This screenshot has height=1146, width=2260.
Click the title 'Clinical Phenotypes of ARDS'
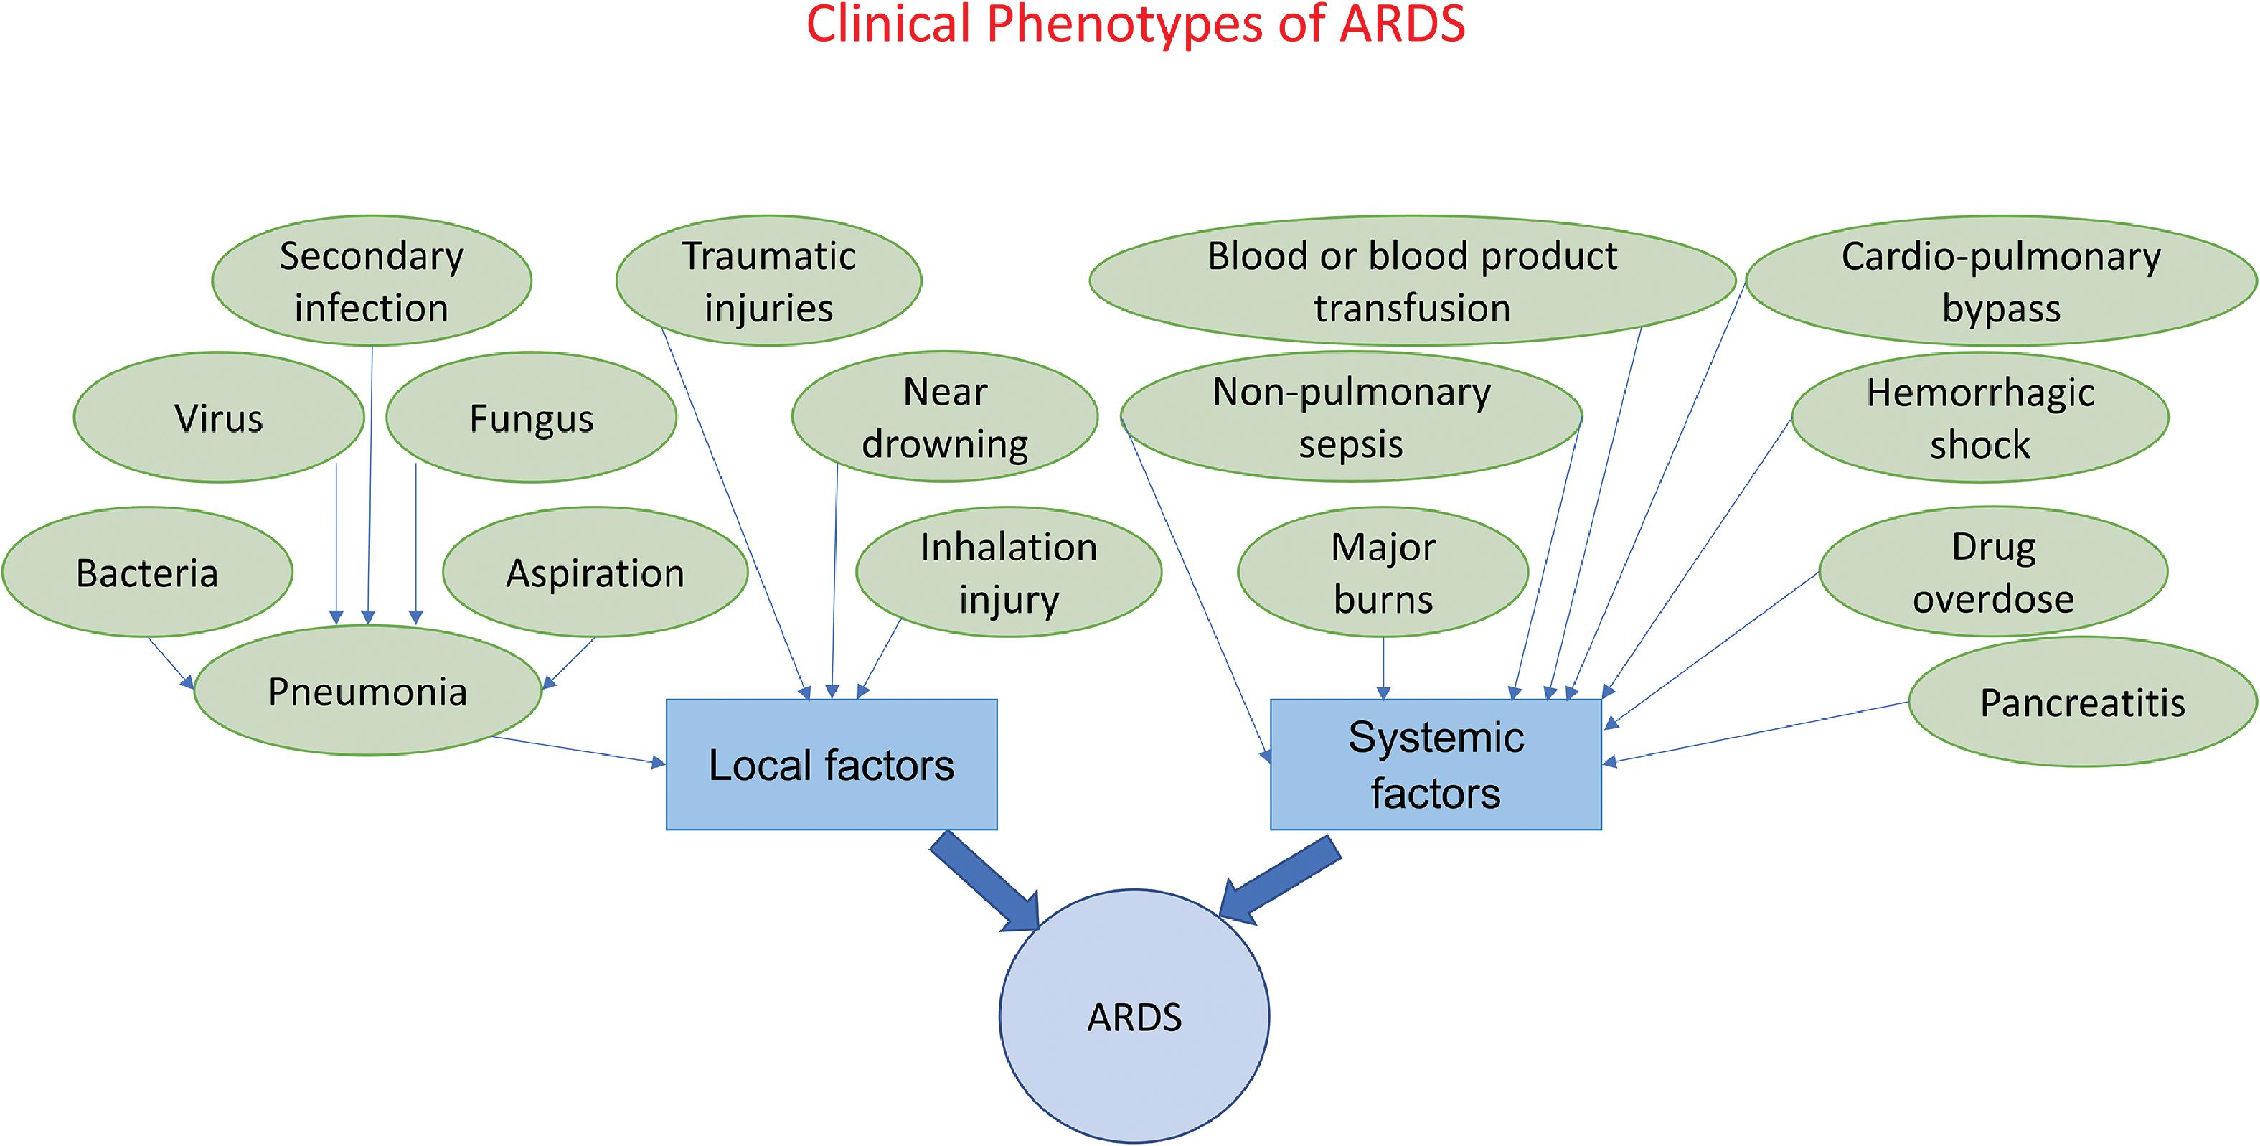[x=1135, y=24]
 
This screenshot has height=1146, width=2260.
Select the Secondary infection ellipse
[x=371, y=281]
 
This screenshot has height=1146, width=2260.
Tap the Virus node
[x=218, y=418]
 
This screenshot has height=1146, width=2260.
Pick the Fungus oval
[x=531, y=418]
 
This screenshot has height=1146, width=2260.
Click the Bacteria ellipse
[x=147, y=572]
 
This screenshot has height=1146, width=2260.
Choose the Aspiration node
[x=595, y=572]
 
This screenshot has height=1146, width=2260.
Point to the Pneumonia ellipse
[x=367, y=692]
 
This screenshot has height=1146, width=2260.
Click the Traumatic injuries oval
[x=768, y=281]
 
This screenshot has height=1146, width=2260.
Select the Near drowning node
[x=944, y=418]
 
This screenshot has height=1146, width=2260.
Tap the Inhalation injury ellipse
[x=1008, y=572]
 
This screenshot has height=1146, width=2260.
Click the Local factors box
[x=831, y=764]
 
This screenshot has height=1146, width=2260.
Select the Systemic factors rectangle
[x=1436, y=764]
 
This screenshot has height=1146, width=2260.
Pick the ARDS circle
[x=1134, y=1016]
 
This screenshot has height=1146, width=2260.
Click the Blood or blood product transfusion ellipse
[x=1412, y=281]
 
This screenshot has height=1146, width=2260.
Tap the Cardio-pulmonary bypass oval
[x=2000, y=281]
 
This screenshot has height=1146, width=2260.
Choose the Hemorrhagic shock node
[x=1980, y=418]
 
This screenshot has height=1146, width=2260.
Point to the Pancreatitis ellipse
[x=2082, y=702]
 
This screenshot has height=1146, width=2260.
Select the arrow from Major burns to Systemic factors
[x=1383, y=667]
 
